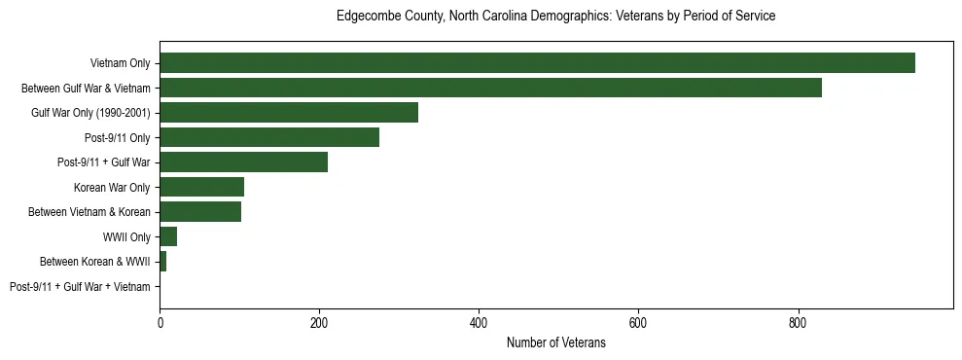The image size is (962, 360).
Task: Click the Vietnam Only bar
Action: (537, 62)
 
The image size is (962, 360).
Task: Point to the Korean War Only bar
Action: (201, 187)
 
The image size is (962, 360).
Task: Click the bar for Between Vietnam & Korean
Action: (200, 212)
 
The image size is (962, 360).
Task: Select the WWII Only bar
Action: (168, 236)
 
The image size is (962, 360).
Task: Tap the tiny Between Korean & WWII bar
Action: (162, 262)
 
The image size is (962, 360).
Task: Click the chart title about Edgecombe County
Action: (555, 17)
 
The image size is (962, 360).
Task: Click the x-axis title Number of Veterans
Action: (555, 342)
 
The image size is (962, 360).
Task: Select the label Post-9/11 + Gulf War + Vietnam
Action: (80, 287)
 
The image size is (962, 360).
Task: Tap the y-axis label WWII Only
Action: (126, 237)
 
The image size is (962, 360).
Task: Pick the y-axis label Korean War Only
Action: (112, 188)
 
